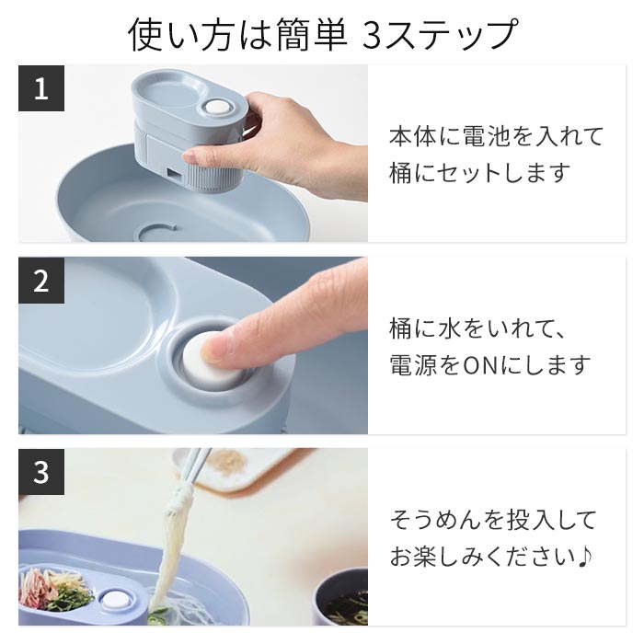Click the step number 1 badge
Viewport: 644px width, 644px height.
coord(40,89)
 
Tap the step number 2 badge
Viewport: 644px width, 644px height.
coord(40,281)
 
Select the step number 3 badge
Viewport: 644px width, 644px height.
coord(40,473)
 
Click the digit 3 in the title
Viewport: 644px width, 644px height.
coord(375,34)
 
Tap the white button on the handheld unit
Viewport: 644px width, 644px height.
coord(218,109)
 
